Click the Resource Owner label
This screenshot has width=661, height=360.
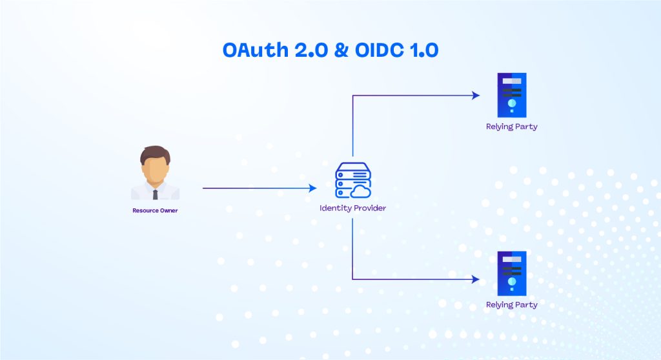[x=155, y=210]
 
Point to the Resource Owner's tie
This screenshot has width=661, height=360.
[x=155, y=193]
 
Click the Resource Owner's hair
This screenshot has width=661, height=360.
[x=155, y=153]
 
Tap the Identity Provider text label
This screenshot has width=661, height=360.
[x=352, y=208]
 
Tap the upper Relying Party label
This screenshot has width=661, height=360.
[x=512, y=126]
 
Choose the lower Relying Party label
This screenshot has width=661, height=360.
[x=512, y=305]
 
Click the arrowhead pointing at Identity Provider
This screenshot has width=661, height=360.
[x=313, y=188]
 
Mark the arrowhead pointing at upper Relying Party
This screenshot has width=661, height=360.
[x=476, y=95]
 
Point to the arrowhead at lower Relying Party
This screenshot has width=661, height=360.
[x=476, y=279]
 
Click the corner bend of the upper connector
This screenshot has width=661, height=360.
[x=352, y=95]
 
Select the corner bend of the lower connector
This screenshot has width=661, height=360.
[x=352, y=279]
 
